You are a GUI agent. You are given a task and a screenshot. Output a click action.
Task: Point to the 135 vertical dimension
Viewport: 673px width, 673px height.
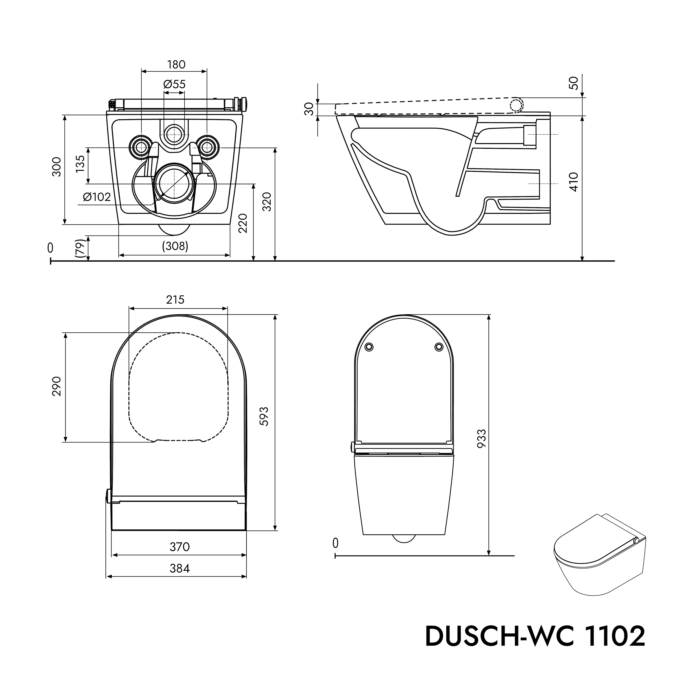[x=80, y=164]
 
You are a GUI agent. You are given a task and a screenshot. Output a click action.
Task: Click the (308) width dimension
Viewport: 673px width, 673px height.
[x=175, y=246]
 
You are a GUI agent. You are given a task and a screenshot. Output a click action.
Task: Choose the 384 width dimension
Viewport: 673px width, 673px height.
[x=179, y=568]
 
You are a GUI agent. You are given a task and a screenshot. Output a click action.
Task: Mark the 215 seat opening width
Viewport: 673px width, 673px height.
[x=175, y=299]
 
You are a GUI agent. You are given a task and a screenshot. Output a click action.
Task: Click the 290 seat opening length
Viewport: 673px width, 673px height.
[x=57, y=386]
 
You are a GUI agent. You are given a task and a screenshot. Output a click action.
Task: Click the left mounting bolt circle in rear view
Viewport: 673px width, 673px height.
[x=141, y=148]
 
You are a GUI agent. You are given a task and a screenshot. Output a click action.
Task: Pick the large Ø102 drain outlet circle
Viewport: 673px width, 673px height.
[x=174, y=183]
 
